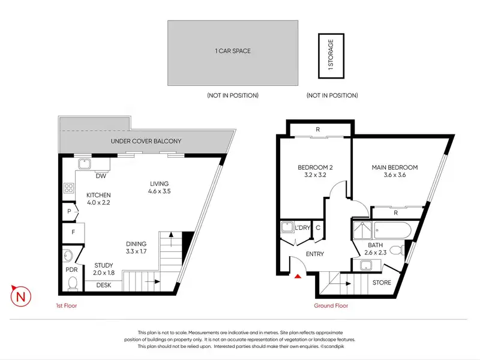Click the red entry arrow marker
click(298, 277)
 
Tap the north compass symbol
click(21, 296)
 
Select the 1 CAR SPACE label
click(233, 51)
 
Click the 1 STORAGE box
click(331, 56)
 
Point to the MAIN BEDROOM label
click(395, 167)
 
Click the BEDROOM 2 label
click(315, 167)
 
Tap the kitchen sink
click(84, 164)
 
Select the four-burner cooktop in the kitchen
click(68, 188)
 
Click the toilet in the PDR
click(73, 283)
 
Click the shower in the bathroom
click(362, 230)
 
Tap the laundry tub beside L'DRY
click(287, 227)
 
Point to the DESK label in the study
click(103, 285)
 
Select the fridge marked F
click(73, 232)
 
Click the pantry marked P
click(70, 211)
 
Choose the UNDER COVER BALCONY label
click(146, 141)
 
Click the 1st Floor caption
click(67, 305)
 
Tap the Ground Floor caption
click(331, 305)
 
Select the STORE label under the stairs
click(382, 283)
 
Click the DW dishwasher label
click(101, 176)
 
